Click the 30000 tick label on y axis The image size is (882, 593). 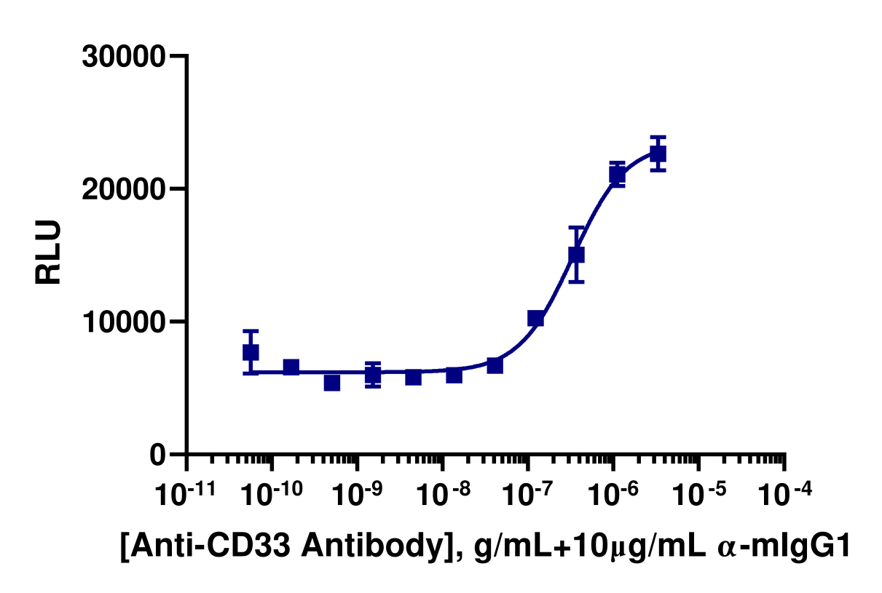[x=125, y=57]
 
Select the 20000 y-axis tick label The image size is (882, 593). [x=125, y=189]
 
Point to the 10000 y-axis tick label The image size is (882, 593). [x=125, y=322]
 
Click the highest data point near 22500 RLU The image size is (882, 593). [x=658, y=154]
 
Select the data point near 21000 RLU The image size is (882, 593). [x=617, y=175]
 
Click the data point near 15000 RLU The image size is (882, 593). [x=576, y=255]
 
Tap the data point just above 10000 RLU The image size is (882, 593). [x=535, y=318]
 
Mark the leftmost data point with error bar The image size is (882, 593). [x=251, y=352]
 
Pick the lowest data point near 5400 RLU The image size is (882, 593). [x=332, y=383]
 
